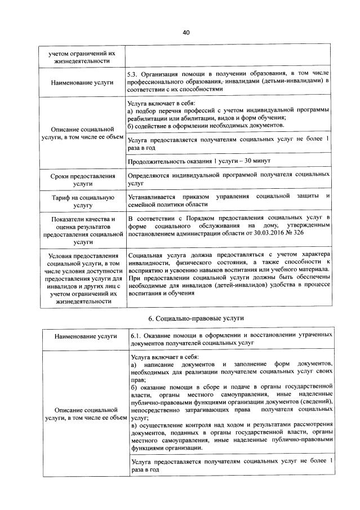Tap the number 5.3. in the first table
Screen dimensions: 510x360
pos(135,73)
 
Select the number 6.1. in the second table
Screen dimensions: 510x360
pos(135,334)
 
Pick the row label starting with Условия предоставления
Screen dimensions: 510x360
pos(82,278)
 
